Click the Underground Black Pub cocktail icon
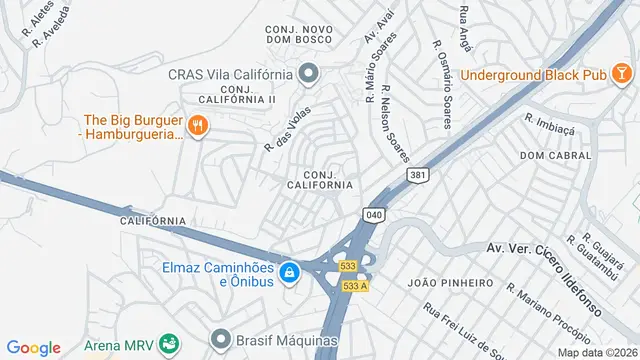point(621,74)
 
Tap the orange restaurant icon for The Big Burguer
point(198,125)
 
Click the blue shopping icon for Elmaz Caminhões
point(289,273)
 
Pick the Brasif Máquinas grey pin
point(219,339)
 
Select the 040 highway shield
point(374,214)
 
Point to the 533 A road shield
point(356,286)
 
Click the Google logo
point(33,347)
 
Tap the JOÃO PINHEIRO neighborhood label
point(451,283)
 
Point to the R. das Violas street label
point(283,131)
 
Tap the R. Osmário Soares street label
point(441,84)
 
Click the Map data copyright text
point(598,352)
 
